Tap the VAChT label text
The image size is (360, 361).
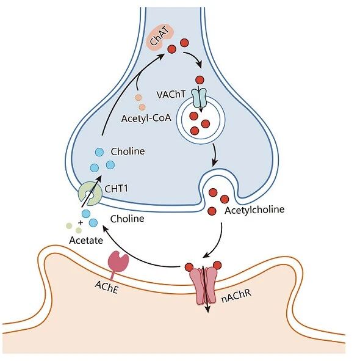[x=171, y=95]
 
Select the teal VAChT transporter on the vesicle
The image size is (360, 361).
[x=199, y=98]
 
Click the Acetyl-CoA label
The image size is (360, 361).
[x=146, y=119]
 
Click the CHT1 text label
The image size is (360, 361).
[x=116, y=189]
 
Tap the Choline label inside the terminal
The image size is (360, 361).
[x=128, y=151]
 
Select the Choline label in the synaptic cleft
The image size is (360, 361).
[x=127, y=219]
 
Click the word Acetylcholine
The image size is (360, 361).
[x=254, y=210]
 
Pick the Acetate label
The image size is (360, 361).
[x=86, y=240]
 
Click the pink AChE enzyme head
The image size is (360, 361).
[x=118, y=261]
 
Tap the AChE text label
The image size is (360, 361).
[x=107, y=288]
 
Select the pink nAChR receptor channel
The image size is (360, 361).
[x=203, y=284]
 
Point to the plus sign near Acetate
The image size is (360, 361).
[x=81, y=222]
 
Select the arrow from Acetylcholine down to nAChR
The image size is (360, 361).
[x=218, y=244]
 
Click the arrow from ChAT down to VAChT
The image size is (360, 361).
[x=195, y=57]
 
